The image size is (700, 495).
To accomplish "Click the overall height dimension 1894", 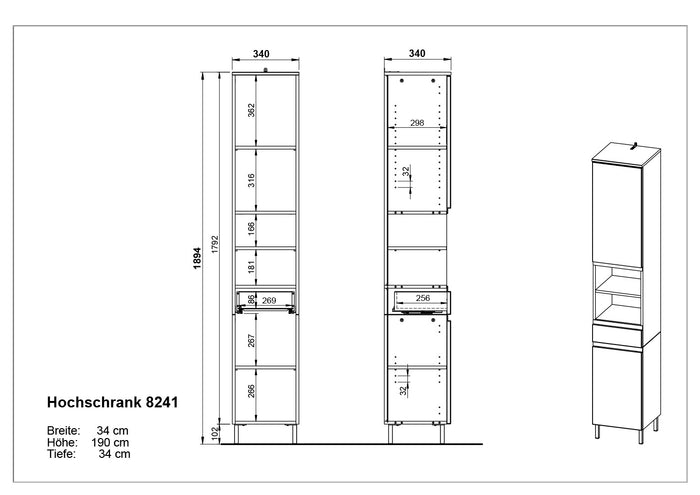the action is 198,258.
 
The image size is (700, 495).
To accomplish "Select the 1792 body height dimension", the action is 215,245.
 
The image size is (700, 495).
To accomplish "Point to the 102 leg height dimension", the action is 215,433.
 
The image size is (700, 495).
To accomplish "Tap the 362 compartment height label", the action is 251,110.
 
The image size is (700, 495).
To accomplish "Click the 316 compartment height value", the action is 251,180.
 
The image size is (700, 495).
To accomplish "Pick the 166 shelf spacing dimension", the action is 251,229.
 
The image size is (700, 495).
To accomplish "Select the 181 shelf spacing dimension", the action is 251,267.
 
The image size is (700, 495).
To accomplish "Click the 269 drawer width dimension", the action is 269,300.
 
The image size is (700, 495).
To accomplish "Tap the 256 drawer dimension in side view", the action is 423,298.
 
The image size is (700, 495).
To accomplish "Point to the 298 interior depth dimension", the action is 417,123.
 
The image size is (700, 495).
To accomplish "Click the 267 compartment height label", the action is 251,341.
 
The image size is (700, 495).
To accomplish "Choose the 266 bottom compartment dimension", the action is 251,391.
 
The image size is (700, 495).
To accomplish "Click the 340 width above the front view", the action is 261,54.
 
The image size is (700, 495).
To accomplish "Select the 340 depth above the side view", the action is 417,54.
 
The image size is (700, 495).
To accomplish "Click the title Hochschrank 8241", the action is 112,402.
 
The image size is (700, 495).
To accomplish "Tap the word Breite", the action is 63,431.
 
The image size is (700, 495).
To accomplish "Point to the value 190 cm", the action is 110,442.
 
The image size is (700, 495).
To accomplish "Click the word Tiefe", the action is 61,454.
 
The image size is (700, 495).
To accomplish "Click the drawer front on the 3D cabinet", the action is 617,335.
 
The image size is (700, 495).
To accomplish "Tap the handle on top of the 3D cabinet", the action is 634,146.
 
